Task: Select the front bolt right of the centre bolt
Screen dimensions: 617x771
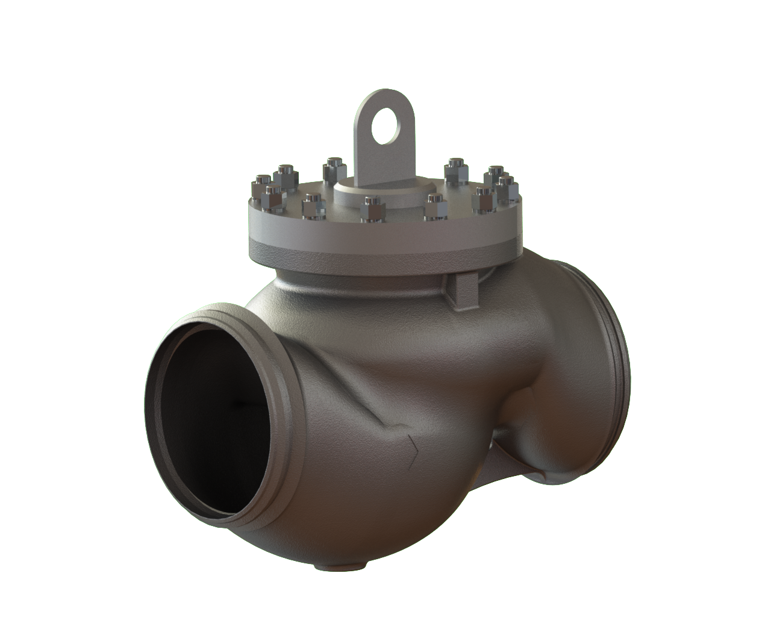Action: (x=435, y=205)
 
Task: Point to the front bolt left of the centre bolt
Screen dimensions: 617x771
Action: (x=313, y=205)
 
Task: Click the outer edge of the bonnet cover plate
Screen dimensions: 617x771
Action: (x=385, y=232)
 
